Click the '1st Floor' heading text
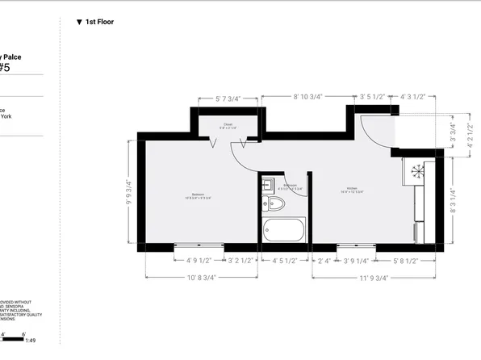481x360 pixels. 99,22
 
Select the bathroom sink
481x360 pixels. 268,185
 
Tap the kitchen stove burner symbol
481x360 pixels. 418,170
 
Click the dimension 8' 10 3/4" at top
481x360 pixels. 307,96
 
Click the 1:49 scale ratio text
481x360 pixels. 31,341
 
